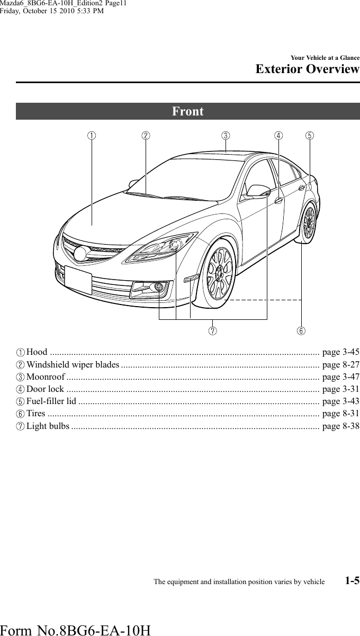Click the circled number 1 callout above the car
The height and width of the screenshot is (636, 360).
click(92, 136)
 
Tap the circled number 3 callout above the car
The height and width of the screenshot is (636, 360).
click(226, 136)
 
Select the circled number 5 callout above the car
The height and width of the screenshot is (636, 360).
click(309, 136)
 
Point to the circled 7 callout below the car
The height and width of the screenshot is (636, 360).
click(212, 331)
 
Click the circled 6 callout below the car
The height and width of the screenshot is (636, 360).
click(301, 331)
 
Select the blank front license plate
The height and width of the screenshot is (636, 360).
click(78, 280)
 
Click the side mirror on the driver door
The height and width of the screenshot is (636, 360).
click(259, 191)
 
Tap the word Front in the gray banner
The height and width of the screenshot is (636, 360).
click(188, 112)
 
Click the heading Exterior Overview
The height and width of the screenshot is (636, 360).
click(307, 70)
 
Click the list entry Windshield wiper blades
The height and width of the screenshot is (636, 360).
click(73, 365)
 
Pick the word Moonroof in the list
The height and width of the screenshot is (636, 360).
click(46, 377)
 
